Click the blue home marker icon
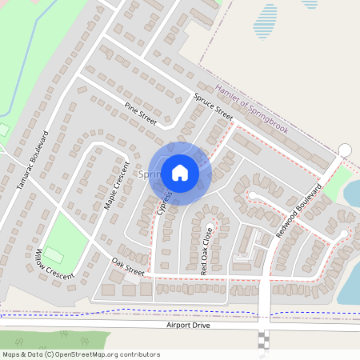click(x=179, y=172)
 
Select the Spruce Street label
click(x=213, y=106)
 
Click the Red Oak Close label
click(x=206, y=253)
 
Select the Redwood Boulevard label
click(x=304, y=207)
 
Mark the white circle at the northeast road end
click(x=345, y=150)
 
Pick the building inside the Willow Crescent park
click(x=54, y=254)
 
